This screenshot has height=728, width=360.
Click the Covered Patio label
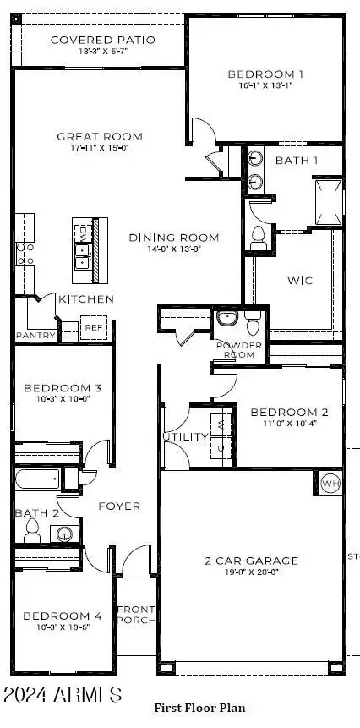tap(99, 40)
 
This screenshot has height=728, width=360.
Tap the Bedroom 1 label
tap(266, 74)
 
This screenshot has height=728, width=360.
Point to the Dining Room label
tap(174, 238)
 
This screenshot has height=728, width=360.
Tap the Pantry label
tap(35, 336)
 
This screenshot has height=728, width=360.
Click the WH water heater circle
tap(330, 484)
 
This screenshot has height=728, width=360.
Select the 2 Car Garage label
tap(253, 561)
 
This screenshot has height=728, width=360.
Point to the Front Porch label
tap(135, 614)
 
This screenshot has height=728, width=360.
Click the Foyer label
tap(119, 506)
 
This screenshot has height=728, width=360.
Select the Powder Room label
tap(239, 349)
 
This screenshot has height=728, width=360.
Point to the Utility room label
tap(185, 436)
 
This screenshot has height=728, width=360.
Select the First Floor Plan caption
tap(199, 707)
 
